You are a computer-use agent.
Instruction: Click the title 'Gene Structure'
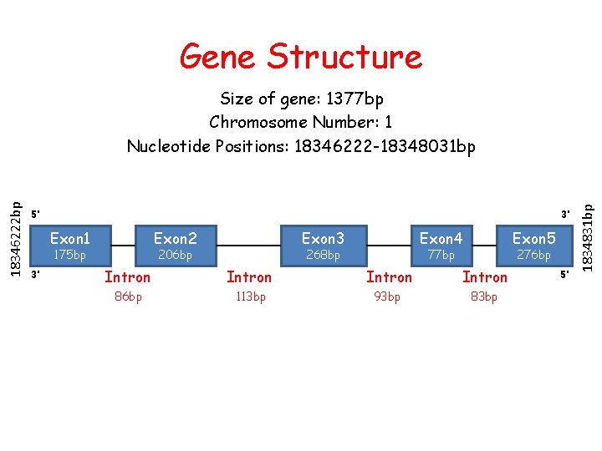(301, 57)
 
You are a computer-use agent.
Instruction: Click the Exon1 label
(70, 239)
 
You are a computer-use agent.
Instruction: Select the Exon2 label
(175, 239)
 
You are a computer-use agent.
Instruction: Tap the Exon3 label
(323, 239)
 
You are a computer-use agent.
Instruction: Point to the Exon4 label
(441, 239)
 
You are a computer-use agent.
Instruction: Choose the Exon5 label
(533, 239)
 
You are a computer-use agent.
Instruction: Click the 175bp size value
(69, 255)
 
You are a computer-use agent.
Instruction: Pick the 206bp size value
(175, 255)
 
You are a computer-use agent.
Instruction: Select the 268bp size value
(323, 255)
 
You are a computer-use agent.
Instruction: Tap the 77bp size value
(441, 255)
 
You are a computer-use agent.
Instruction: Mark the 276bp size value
(533, 255)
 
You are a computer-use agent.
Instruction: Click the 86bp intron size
(127, 296)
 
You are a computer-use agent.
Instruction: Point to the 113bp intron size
(249, 296)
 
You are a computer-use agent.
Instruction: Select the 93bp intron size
(389, 296)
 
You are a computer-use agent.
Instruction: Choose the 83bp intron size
(484, 296)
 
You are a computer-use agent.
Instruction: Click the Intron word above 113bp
(249, 276)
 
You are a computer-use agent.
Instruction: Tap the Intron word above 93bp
(389, 276)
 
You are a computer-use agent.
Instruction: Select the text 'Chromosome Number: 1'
(301, 122)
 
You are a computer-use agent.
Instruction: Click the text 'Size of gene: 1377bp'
(301, 99)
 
